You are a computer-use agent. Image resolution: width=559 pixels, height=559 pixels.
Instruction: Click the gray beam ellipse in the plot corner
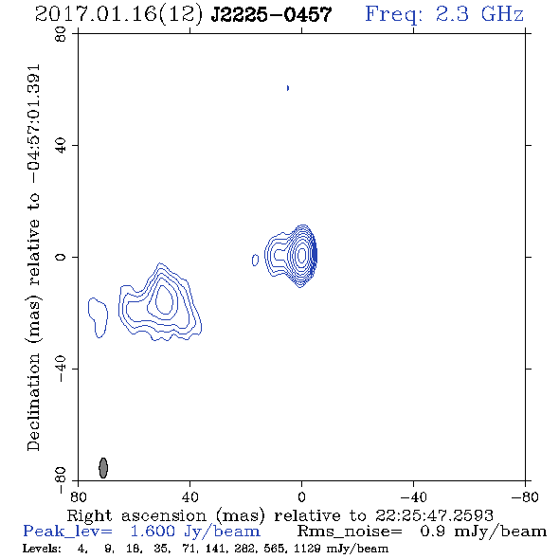[x=103, y=468]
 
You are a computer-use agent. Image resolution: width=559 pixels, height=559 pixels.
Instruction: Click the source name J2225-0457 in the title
[x=271, y=15]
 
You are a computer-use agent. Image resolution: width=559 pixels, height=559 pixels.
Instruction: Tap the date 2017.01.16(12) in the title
[x=119, y=15]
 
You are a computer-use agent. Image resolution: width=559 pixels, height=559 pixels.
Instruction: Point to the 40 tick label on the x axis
[x=189, y=497]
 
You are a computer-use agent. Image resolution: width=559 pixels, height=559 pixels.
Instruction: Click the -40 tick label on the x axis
[x=413, y=497]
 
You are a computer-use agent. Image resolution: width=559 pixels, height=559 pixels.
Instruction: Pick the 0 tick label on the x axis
[x=301, y=497]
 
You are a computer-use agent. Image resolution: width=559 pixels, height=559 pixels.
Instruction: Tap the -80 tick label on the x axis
[x=525, y=497]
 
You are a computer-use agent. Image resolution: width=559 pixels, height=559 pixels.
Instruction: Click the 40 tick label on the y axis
[x=61, y=146]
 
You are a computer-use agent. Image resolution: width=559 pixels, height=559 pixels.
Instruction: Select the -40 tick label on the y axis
[x=61, y=369]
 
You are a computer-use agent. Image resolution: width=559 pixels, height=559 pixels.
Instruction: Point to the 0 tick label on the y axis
[x=61, y=257]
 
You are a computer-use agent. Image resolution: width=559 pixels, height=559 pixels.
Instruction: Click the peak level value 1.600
[x=153, y=532]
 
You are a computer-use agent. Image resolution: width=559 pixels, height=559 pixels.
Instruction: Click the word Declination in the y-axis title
[x=33, y=402]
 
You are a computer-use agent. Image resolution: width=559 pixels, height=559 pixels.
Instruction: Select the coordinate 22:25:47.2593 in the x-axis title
[x=434, y=515]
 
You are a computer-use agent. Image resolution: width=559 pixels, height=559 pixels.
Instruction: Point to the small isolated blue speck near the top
[x=288, y=88]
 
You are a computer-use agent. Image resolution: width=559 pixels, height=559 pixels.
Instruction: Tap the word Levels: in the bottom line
[x=42, y=549]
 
